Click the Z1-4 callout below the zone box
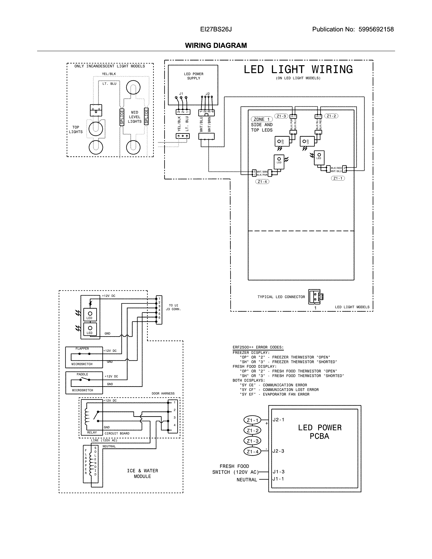coord(262,182)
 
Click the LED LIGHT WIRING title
coord(298,70)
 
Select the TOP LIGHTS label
coord(76,130)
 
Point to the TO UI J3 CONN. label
coord(173,307)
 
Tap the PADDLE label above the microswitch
coord(82,374)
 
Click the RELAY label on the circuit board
coord(92,432)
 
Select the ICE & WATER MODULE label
coord(142,473)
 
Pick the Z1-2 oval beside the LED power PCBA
coord(253,430)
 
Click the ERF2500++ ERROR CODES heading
coord(258,347)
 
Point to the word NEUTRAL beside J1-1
coord(247,480)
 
